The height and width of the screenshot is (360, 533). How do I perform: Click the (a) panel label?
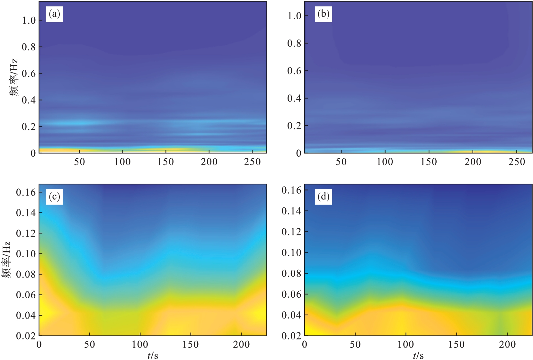[54, 14]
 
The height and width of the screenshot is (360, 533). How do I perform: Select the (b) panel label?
[323, 14]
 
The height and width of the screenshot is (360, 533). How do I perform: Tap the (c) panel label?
[54, 196]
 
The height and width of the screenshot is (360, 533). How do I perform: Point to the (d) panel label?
[323, 196]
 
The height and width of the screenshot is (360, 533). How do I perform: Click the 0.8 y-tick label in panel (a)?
[28, 47]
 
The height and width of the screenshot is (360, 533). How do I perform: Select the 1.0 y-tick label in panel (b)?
[294, 16]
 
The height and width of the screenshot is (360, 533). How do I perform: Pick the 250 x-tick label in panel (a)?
[252, 162]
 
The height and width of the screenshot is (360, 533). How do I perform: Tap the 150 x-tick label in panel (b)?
[429, 162]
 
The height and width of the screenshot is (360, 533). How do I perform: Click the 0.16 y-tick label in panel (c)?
[26, 192]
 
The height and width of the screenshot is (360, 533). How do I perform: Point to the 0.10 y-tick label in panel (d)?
[291, 253]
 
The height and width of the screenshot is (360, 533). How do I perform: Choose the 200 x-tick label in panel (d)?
[507, 345]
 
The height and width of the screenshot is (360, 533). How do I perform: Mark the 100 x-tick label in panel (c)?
[140, 345]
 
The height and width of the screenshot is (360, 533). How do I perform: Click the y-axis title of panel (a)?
[13, 77]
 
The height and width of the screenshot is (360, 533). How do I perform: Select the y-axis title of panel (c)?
[6, 260]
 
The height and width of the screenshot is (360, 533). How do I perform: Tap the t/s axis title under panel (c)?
[153, 356]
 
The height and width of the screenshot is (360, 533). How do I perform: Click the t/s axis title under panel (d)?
[418, 356]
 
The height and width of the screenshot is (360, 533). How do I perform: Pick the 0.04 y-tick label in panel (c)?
[26, 315]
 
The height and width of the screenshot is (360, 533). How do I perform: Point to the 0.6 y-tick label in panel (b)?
[294, 71]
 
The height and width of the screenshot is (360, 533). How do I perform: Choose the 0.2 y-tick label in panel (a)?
[28, 127]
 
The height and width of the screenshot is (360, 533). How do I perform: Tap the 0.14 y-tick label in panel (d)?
[291, 211]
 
